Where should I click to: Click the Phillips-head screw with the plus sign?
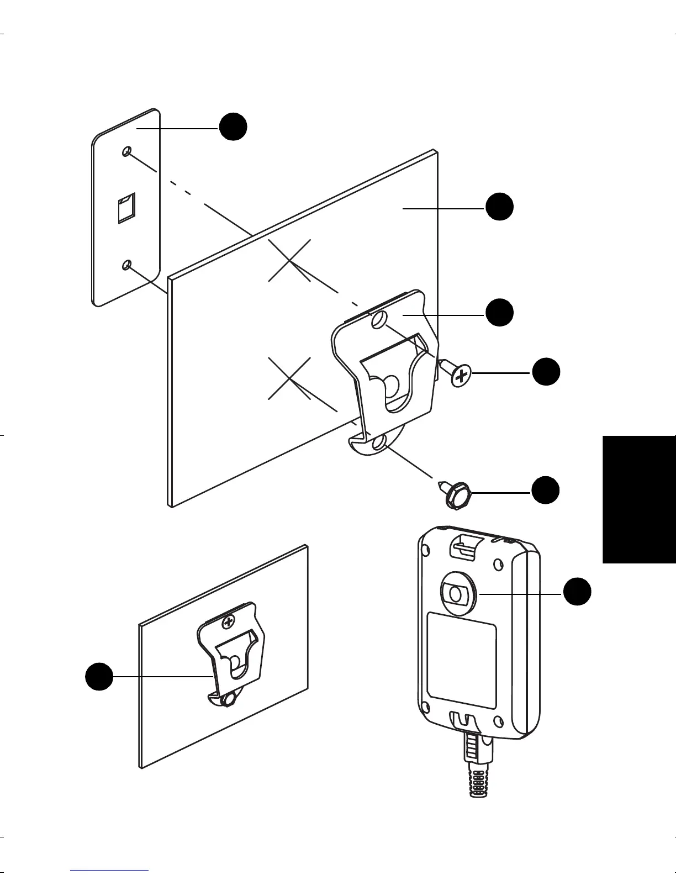tap(461, 377)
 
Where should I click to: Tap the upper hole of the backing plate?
tap(127, 151)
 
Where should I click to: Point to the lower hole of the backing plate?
tap(127, 266)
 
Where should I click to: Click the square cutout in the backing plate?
tap(126, 209)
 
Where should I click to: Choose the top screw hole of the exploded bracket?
tap(378, 320)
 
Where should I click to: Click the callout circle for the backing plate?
tap(233, 126)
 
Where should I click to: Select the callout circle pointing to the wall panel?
tap(499, 208)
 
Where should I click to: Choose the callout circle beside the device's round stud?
tap(577, 592)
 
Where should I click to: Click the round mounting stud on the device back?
tap(456, 594)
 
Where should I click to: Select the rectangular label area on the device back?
tap(462, 660)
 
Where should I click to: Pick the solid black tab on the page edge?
tap(639, 497)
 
